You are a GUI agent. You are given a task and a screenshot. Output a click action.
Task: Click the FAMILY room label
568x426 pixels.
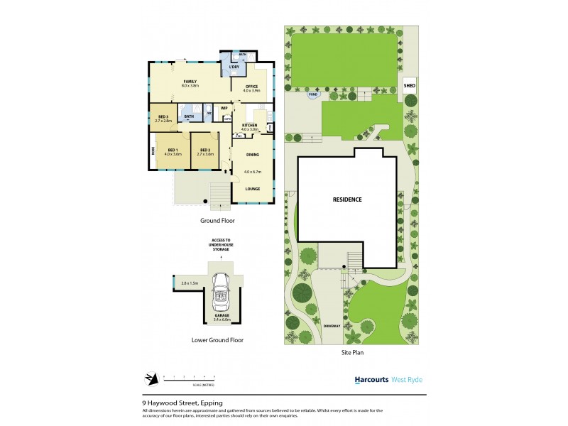click(x=190, y=82)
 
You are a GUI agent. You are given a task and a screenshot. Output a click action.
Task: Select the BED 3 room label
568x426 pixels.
click(x=163, y=116)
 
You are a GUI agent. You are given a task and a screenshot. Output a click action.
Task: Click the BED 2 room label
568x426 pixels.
click(x=204, y=150)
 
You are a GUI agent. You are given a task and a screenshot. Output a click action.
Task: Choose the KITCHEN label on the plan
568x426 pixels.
click(x=249, y=126)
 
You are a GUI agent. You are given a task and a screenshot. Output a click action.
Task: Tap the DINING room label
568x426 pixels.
click(x=252, y=154)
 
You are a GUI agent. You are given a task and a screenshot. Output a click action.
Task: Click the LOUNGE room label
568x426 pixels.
click(x=252, y=188)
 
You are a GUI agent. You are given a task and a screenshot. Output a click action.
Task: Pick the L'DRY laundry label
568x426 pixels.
click(x=234, y=67)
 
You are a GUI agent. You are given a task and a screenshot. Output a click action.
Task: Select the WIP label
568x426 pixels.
click(x=224, y=108)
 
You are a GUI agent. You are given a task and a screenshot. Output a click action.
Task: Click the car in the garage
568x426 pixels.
click(x=222, y=287)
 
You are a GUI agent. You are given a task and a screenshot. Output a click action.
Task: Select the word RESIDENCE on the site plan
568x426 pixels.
click(x=347, y=200)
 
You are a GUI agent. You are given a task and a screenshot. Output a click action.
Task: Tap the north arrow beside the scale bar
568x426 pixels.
click(x=150, y=378)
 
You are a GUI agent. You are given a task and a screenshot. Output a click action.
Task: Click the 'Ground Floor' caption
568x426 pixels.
click(x=217, y=221)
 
